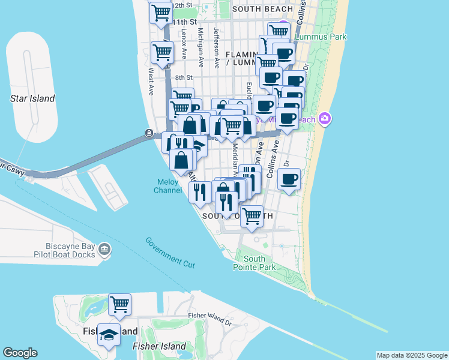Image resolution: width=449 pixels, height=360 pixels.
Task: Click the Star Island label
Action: (x=32, y=98)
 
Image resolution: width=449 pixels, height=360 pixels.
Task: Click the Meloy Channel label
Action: (x=168, y=186)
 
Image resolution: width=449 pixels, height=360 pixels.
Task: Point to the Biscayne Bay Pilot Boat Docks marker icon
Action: (x=104, y=249)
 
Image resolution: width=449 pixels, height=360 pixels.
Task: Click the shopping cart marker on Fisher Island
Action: (x=119, y=304)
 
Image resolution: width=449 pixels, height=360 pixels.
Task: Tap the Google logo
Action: (x=20, y=353)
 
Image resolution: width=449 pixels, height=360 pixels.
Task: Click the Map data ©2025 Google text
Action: (x=412, y=355)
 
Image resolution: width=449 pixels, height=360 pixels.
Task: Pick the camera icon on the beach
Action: (x=325, y=119)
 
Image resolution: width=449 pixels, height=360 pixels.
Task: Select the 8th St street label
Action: (x=184, y=77)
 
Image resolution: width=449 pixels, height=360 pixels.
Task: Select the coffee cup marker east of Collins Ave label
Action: (x=289, y=179)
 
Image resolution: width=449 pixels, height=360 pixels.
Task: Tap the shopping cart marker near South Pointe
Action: (x=252, y=215)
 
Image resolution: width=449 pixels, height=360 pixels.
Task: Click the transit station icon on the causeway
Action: (x=148, y=132)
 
